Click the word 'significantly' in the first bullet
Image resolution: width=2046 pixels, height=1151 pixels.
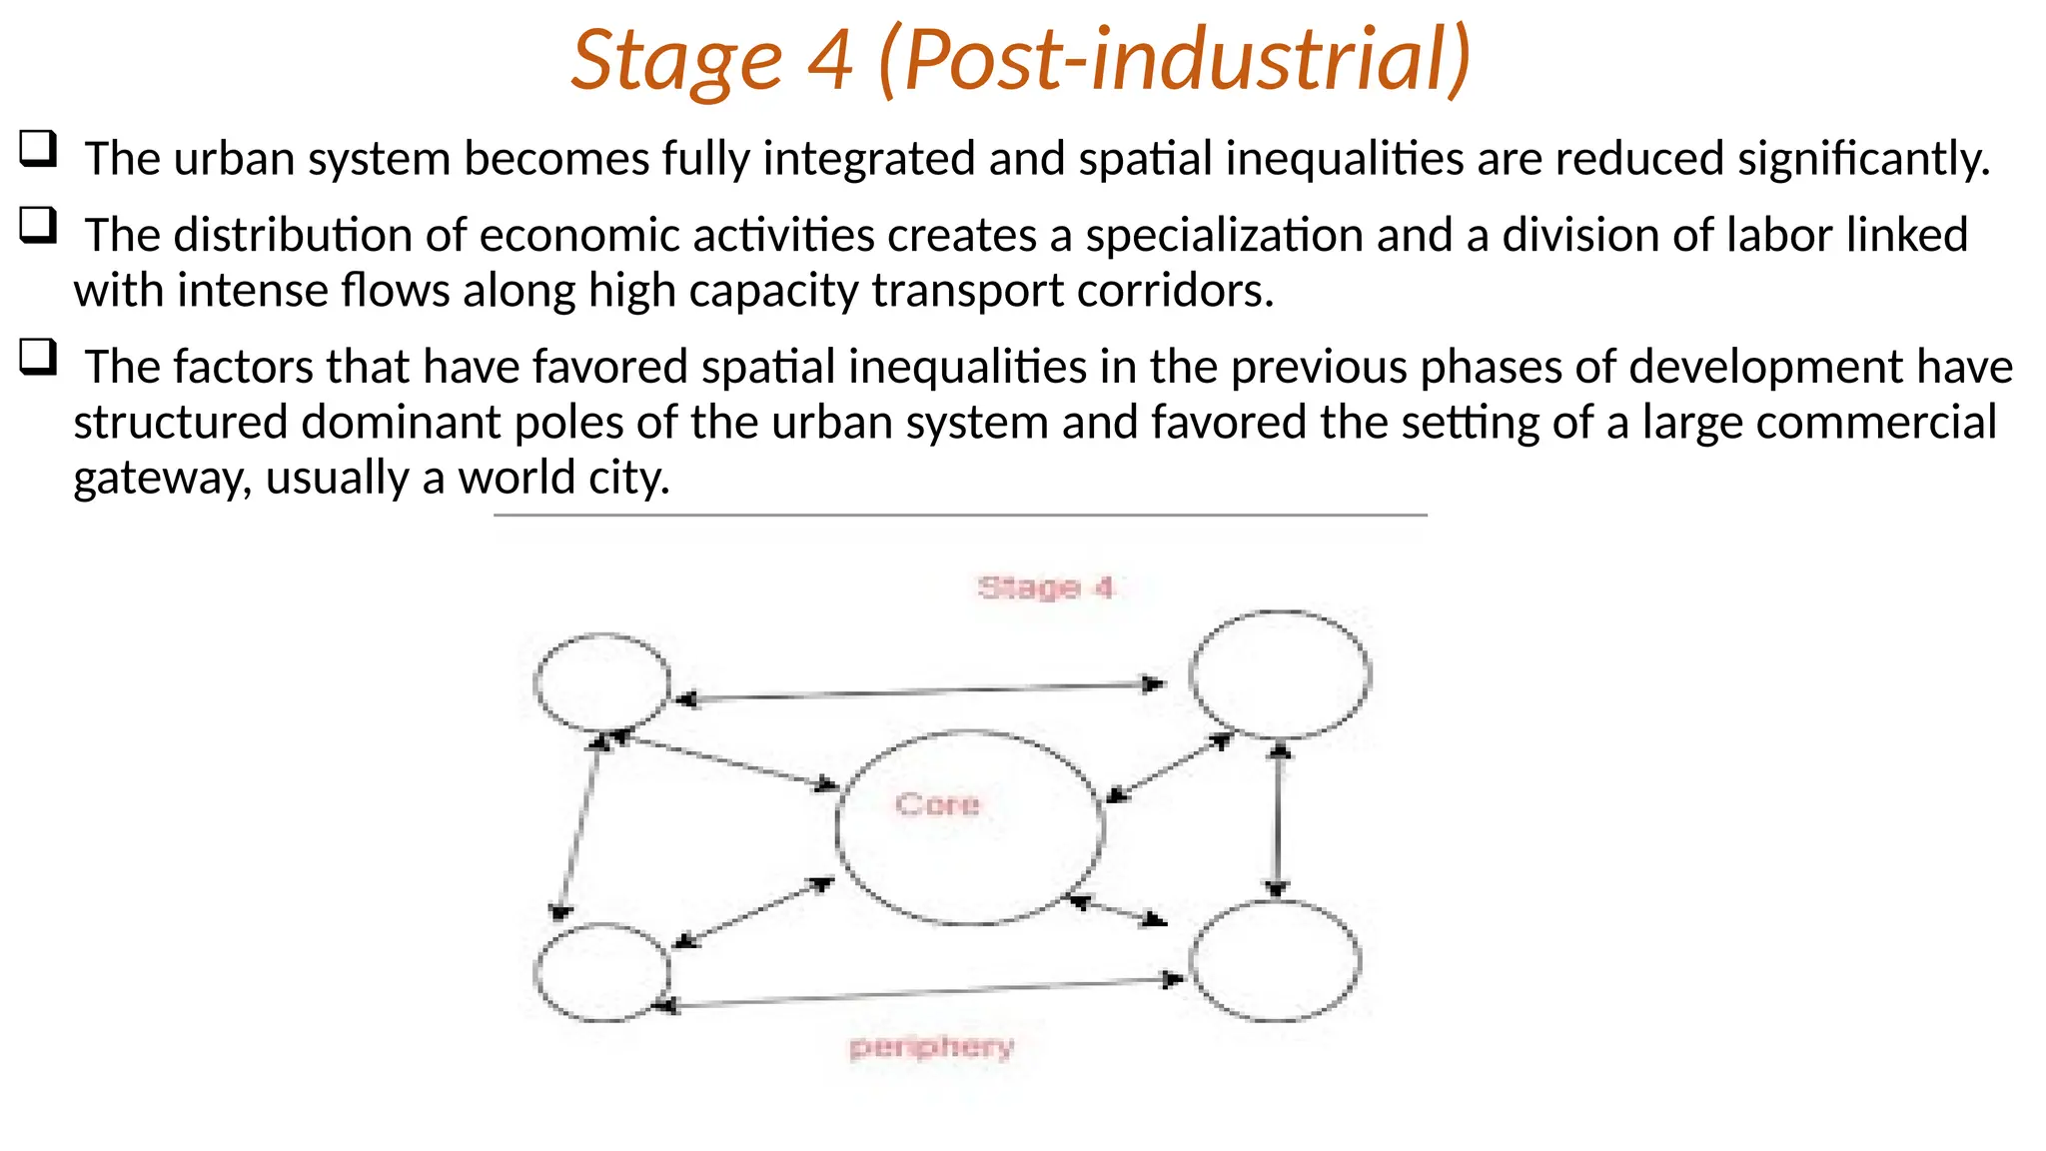(1863, 160)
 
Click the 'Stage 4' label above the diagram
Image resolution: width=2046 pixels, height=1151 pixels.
(1045, 587)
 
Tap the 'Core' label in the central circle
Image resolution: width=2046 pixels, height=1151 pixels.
(937, 804)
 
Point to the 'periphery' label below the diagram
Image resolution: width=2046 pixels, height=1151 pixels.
(931, 1047)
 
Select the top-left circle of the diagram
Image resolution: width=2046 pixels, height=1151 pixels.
(602, 682)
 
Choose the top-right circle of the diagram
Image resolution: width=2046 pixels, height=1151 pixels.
(1280, 674)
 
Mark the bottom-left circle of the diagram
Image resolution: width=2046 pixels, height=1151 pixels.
(602, 972)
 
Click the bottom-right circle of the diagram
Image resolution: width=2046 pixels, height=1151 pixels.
(1275, 961)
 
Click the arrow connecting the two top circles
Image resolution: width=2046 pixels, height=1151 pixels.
(919, 691)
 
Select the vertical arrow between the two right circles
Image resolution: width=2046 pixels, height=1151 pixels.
(1278, 819)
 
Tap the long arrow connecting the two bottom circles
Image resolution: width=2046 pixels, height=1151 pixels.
(919, 993)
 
